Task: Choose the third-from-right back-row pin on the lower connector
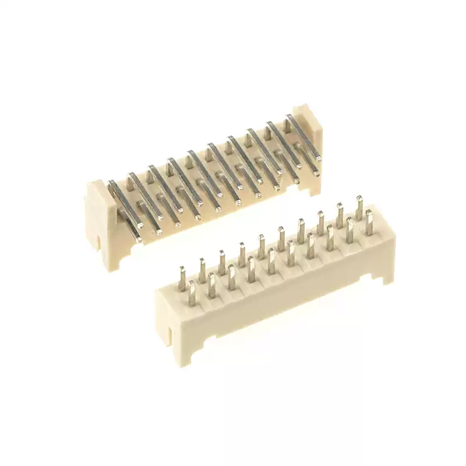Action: [320, 222]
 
